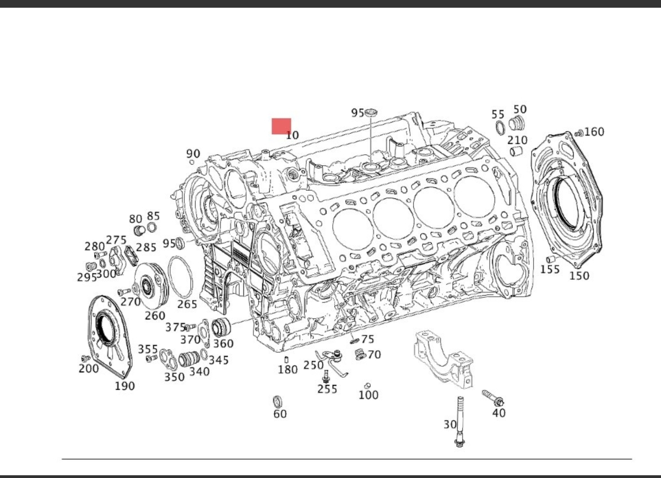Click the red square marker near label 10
click(281, 126)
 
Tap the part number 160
click(594, 132)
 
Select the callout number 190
click(124, 386)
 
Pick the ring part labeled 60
click(279, 400)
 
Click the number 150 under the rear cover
click(579, 275)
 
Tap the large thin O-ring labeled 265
click(181, 278)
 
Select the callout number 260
click(155, 316)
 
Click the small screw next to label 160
click(578, 133)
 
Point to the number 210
click(517, 140)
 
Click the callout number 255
click(327, 389)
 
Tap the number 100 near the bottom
click(368, 395)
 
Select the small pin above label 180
click(286, 360)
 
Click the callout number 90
click(193, 153)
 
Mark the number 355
click(148, 349)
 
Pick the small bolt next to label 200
click(84, 358)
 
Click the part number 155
click(550, 269)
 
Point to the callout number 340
click(199, 371)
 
